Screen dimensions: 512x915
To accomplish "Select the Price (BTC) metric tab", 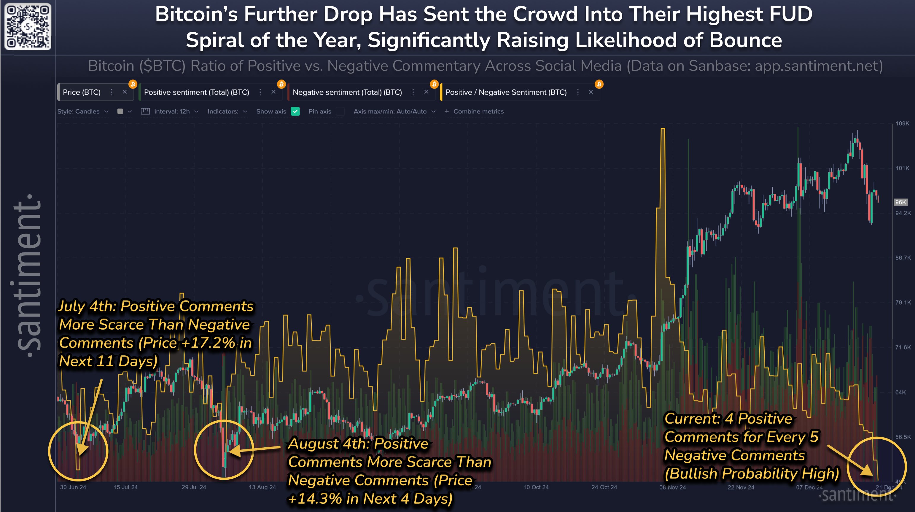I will [x=82, y=92].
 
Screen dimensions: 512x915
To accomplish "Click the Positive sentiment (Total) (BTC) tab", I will [x=196, y=92].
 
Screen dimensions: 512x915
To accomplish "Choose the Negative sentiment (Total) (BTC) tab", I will [x=347, y=92].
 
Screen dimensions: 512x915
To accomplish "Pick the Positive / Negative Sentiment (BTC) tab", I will [x=506, y=92].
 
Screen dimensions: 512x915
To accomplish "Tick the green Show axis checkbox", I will [x=295, y=112].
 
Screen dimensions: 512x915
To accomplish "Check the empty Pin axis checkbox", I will [x=340, y=112].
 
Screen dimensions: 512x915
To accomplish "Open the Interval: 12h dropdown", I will [x=172, y=112].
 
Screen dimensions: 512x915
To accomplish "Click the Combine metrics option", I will [x=478, y=112].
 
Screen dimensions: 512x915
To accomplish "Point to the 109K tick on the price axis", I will [x=902, y=124].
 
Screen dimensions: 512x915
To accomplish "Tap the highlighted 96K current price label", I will [x=900, y=202].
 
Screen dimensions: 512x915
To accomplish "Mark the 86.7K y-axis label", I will [x=903, y=257].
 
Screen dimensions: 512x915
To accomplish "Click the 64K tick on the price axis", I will [x=900, y=392].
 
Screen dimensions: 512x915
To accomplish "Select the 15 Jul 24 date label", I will [x=125, y=487].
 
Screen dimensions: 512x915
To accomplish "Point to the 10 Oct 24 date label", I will [x=536, y=487].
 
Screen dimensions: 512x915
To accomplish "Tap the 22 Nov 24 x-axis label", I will [x=741, y=487].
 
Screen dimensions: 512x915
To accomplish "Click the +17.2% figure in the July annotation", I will [x=208, y=343].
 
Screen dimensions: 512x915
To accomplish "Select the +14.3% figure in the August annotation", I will [x=315, y=498].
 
